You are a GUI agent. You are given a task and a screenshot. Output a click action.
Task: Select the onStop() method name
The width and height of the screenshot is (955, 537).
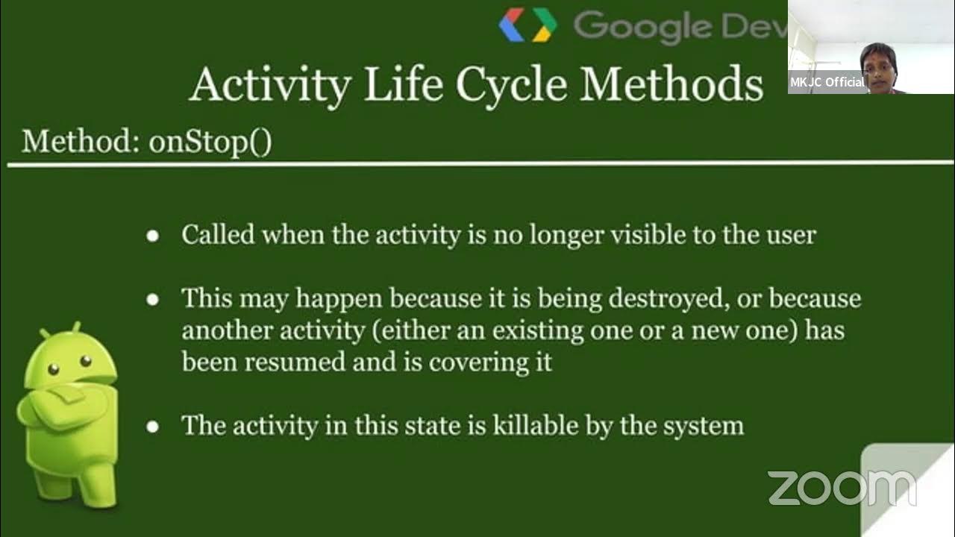click(210, 141)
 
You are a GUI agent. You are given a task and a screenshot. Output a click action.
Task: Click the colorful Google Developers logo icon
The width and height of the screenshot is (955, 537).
click(528, 25)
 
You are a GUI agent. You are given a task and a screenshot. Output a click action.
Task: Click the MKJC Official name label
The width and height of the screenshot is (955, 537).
click(827, 82)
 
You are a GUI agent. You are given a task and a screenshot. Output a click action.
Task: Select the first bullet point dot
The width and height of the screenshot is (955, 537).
click(153, 236)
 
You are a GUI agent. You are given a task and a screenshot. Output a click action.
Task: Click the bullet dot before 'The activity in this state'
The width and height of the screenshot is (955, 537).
click(153, 427)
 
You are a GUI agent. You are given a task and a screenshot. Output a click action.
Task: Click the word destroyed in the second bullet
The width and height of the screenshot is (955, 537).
click(668, 299)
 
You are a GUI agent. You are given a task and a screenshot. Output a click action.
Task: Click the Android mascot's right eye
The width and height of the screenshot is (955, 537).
click(86, 362)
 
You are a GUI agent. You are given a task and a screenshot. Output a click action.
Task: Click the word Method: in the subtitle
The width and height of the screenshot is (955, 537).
click(81, 141)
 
